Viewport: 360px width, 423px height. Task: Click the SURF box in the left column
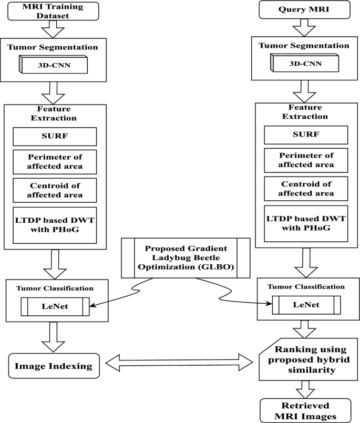click(55, 137)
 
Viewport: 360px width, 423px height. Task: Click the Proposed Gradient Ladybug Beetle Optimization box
click(179, 257)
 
